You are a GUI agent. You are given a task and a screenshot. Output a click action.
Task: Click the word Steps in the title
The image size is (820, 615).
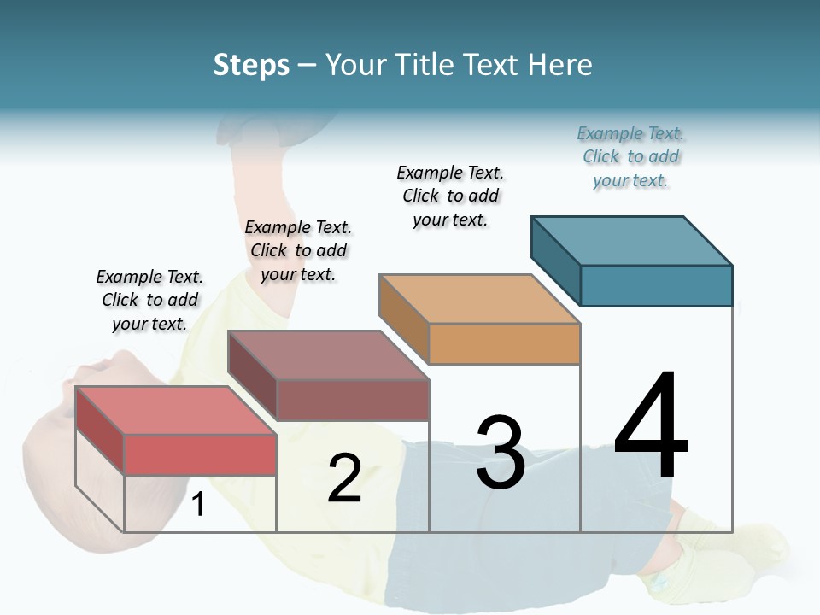(x=251, y=65)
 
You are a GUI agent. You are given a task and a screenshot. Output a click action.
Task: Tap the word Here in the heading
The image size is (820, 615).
(x=560, y=65)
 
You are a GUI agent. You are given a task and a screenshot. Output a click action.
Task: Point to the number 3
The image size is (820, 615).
(x=501, y=453)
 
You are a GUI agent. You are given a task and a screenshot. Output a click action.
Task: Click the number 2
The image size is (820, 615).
(x=344, y=478)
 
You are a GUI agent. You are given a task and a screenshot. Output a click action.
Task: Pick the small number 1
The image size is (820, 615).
(x=198, y=504)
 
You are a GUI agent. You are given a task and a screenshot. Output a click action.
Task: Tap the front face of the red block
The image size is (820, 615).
(x=200, y=454)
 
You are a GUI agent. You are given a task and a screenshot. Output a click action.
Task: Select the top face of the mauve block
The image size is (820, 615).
(x=327, y=354)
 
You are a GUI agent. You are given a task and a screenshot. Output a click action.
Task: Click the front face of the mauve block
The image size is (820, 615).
(x=352, y=400)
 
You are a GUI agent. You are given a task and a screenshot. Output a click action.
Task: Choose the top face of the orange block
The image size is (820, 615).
(x=479, y=299)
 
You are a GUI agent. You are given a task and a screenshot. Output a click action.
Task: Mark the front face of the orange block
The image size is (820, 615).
(x=504, y=343)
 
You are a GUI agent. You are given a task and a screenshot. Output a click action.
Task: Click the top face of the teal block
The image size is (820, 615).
(x=631, y=240)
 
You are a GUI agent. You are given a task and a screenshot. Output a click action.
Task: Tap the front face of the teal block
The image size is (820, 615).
(x=656, y=285)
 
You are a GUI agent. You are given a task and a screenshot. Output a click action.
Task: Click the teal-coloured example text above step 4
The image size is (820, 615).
(x=630, y=157)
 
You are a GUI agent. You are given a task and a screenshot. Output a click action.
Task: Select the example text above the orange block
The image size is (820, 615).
(x=450, y=196)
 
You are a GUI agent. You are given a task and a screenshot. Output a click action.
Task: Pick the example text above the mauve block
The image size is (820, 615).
(x=298, y=250)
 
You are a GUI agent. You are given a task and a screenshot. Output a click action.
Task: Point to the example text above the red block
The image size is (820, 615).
(x=149, y=300)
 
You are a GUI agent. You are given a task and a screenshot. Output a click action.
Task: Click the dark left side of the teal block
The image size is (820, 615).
(x=556, y=260)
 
